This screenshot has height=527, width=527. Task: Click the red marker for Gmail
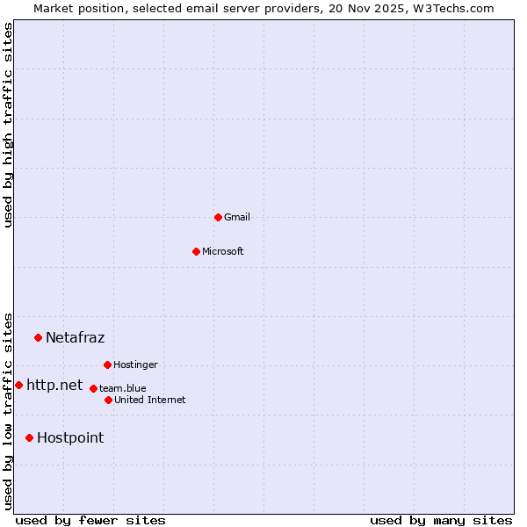(x=218, y=217)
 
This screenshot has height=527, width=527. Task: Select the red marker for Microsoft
(x=196, y=251)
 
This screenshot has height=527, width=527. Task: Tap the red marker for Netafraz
(x=38, y=337)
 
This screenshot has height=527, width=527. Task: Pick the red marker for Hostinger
(x=107, y=365)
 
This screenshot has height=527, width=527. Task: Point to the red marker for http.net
(x=18, y=385)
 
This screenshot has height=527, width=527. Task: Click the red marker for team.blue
(x=93, y=388)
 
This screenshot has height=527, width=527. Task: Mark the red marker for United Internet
(x=108, y=400)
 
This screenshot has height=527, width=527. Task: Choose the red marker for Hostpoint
(x=29, y=437)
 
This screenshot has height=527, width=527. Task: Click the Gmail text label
(x=237, y=217)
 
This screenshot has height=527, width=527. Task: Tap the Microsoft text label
(x=223, y=251)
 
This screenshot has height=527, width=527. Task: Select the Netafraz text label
(x=75, y=337)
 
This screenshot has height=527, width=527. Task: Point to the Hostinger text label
(x=135, y=365)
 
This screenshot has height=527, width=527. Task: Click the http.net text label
(x=54, y=385)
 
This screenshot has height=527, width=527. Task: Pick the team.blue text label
(x=123, y=388)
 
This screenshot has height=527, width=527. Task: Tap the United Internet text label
(x=150, y=400)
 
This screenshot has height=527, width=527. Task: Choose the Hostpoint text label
(x=70, y=437)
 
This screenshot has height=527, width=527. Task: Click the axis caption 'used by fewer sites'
(x=90, y=520)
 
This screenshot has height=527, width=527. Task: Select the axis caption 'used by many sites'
(x=441, y=520)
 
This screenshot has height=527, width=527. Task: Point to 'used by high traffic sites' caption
(x=8, y=125)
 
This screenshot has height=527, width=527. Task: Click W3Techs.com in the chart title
(x=453, y=8)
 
